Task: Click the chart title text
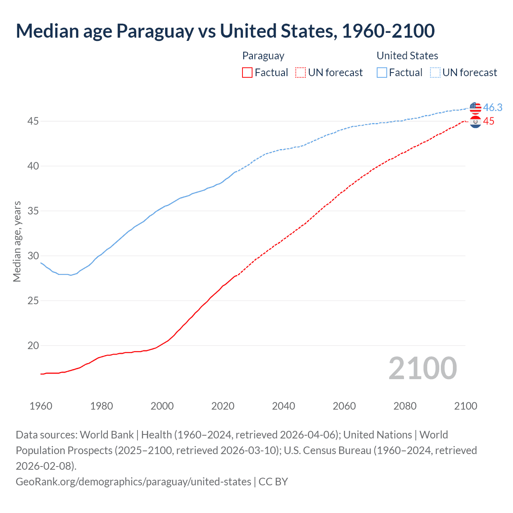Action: pos(225,31)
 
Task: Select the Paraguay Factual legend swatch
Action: pos(247,73)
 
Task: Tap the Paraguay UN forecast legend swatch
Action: pos(300,73)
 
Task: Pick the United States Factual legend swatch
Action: pos(382,73)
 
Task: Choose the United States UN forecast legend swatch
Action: pos(435,73)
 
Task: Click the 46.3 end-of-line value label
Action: pos(493,107)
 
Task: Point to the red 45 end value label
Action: pos(489,121)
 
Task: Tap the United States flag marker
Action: pos(475,108)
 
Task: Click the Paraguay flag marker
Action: pos(475,122)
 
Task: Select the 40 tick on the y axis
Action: pos(33,166)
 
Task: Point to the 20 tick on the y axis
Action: pos(33,345)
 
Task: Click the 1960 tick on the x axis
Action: pos(41,406)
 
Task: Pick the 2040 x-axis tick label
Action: pos(283,406)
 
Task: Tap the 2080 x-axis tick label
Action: pos(405,406)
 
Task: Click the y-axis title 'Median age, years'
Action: pos(17,242)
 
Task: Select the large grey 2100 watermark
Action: pos(422,368)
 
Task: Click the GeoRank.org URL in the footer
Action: pos(133,481)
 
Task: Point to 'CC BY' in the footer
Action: pos(273,481)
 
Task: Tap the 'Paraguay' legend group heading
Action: pos(263,56)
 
